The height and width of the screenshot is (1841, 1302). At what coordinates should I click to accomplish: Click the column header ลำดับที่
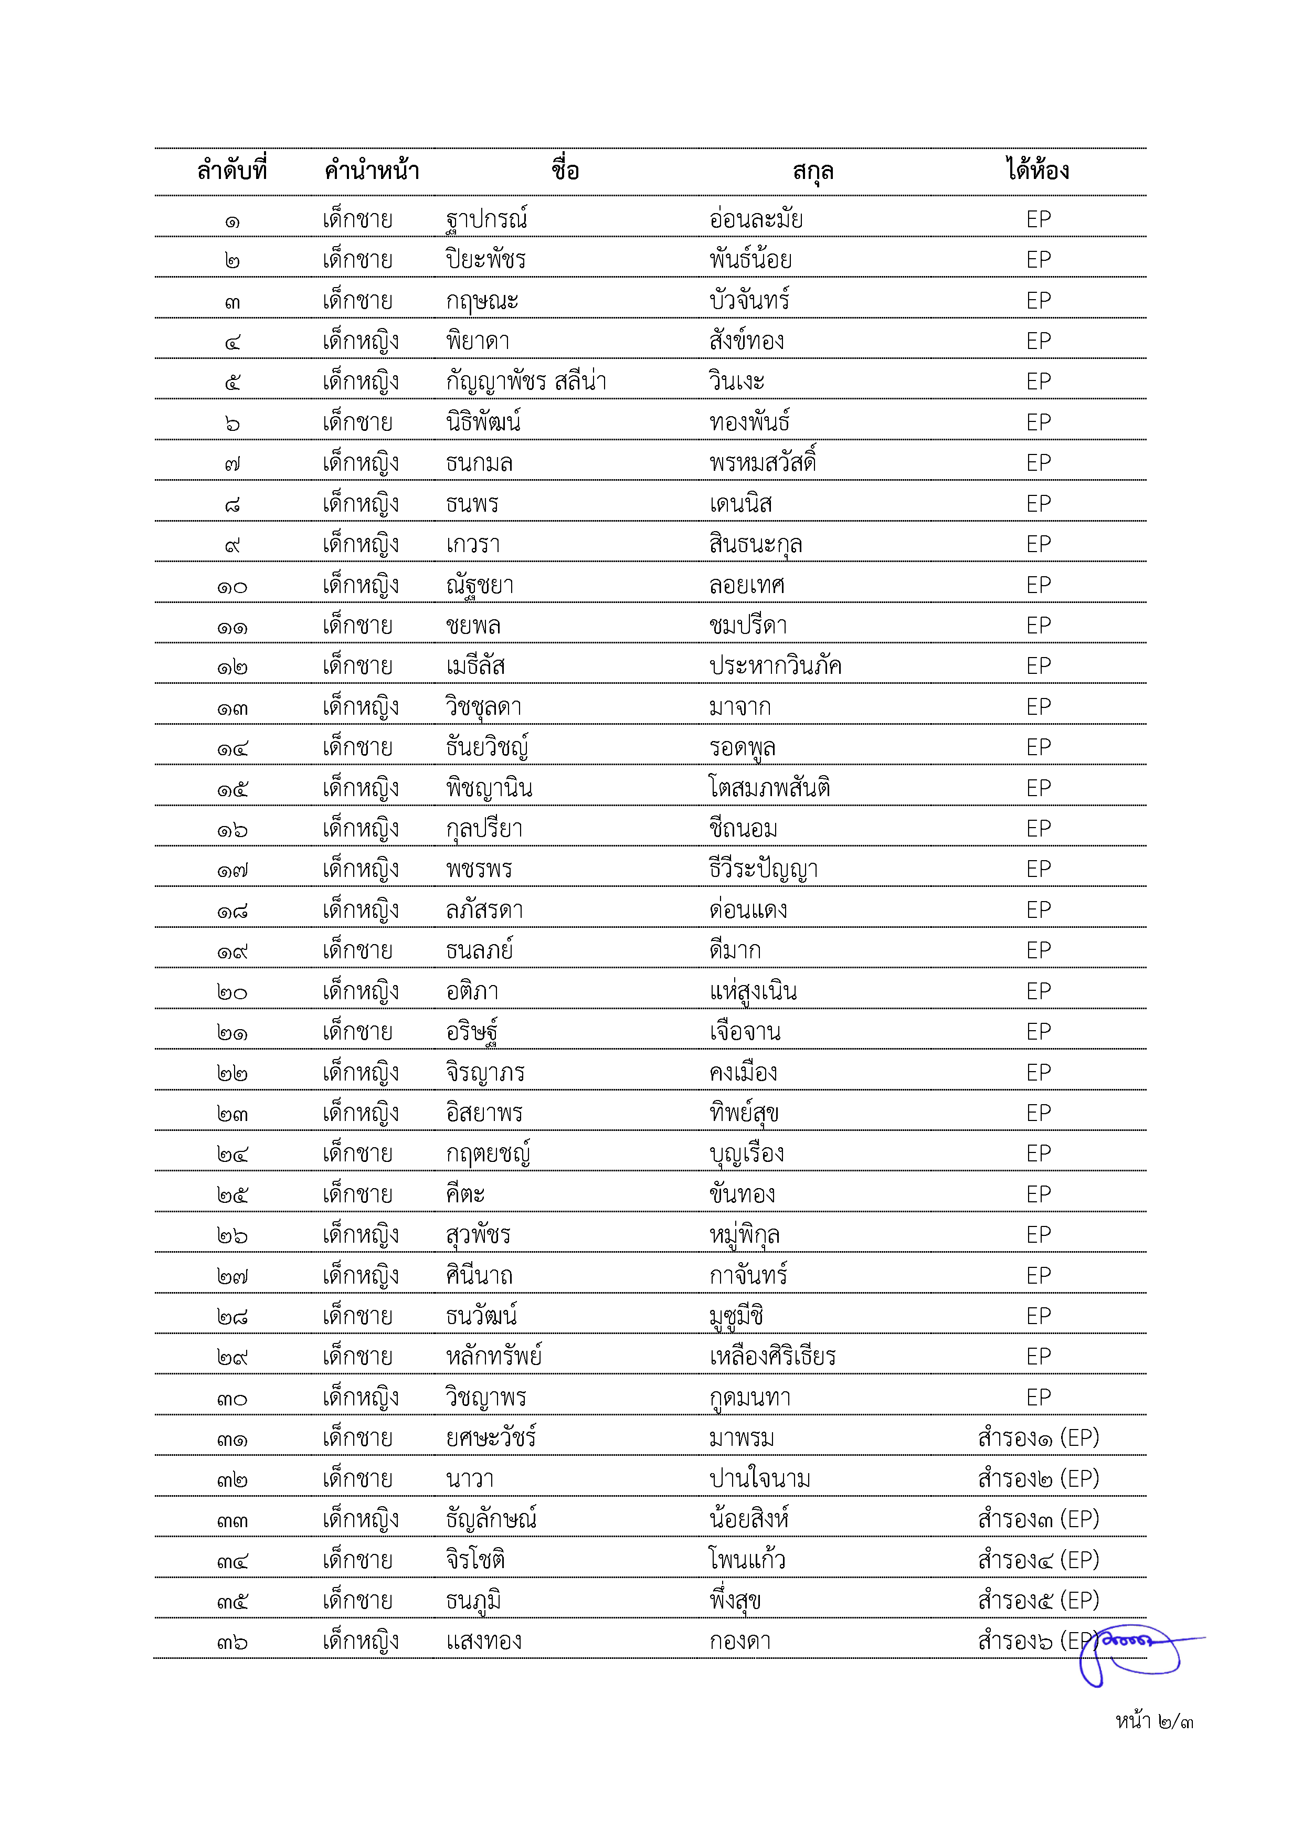point(232,171)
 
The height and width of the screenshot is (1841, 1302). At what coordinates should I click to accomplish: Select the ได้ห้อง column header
point(1038,171)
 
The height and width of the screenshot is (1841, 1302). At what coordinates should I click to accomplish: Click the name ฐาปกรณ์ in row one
point(486,219)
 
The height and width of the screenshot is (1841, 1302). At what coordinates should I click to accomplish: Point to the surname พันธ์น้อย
point(750,260)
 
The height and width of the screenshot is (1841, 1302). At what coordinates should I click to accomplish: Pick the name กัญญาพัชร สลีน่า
point(526,382)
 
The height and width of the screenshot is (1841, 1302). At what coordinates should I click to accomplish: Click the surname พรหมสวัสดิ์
point(763,463)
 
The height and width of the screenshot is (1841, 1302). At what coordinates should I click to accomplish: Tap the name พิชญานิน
point(489,788)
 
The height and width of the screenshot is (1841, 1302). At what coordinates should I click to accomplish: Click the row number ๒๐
point(232,992)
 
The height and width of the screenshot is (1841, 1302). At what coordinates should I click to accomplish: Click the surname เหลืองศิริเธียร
point(772,1357)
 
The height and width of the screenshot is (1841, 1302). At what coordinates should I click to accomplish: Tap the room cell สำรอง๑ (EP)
point(1038,1437)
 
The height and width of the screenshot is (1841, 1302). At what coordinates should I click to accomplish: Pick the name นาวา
point(470,1478)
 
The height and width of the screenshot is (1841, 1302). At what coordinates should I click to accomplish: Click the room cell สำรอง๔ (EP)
point(1038,1560)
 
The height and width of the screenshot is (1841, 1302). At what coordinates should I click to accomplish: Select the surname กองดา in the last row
point(740,1642)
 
